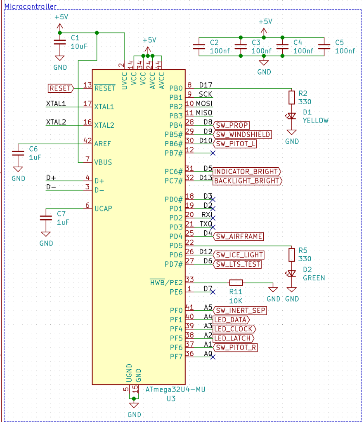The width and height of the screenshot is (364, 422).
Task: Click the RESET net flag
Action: click(60, 88)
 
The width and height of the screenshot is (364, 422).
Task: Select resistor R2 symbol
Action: click(292, 97)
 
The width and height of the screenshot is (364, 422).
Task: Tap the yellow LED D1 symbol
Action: click(292, 116)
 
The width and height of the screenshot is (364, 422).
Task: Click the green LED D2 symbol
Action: click(292, 273)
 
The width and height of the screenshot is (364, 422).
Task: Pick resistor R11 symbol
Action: click(236, 282)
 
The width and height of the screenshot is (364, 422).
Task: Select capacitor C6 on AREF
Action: click(18, 152)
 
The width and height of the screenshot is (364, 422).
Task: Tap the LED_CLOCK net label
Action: click(234, 329)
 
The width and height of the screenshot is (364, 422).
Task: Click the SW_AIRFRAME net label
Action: click(238, 236)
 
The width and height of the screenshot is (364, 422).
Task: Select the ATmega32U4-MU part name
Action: click(175, 389)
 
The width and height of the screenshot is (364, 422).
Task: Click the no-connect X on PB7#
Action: click(213, 153)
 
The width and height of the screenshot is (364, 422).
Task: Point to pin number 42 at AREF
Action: click(87, 141)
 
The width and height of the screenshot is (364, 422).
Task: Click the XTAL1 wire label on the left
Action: click(56, 103)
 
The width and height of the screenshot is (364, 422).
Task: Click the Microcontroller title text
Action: click(31, 7)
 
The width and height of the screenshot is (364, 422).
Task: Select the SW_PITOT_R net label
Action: click(236, 348)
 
